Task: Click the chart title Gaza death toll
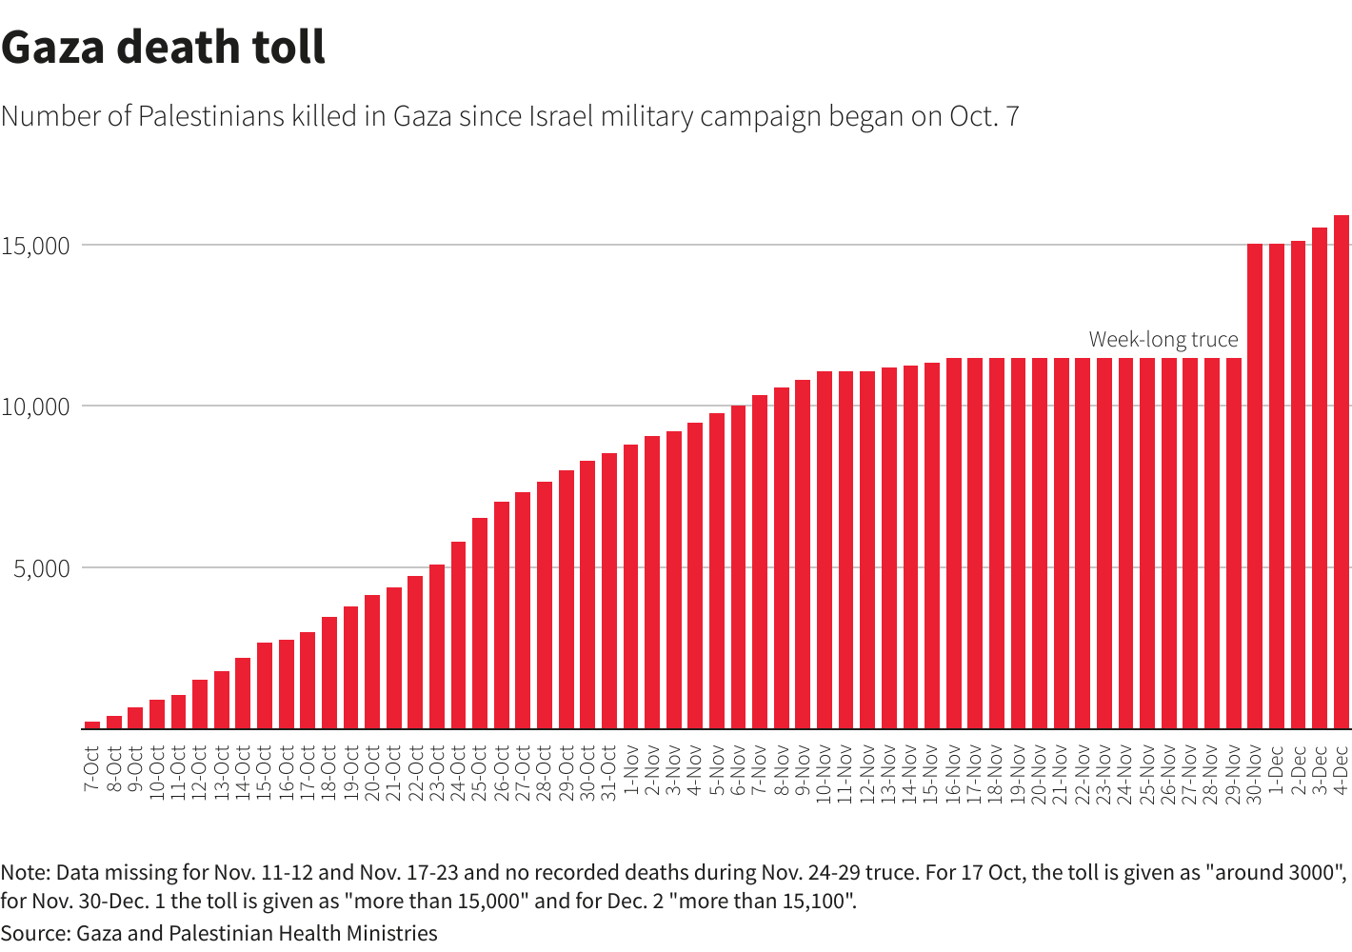(x=164, y=48)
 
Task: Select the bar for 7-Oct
(x=92, y=724)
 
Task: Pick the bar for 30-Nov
(x=1255, y=486)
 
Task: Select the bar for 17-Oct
(x=308, y=680)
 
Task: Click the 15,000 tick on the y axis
(x=36, y=246)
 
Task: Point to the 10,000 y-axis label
(x=36, y=407)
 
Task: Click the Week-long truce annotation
(x=1163, y=340)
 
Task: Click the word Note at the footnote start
(x=23, y=873)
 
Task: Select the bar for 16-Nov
(x=953, y=543)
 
